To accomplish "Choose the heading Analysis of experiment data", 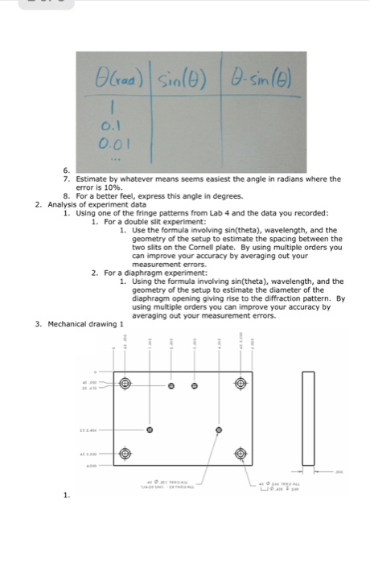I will [x=97, y=204].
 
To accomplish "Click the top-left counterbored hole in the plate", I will [x=125, y=384].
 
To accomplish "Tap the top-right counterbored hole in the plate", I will [x=240, y=384].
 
